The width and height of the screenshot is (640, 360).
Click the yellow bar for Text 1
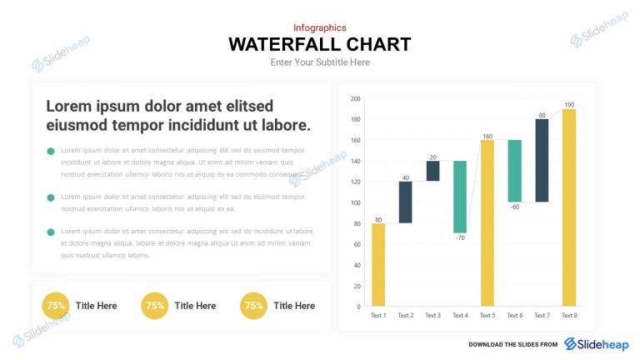pos(378,264)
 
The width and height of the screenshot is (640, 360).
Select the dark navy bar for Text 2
pos(405,202)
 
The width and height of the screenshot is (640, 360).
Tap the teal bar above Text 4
pos(459,197)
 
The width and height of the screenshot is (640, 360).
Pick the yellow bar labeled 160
pos(487,222)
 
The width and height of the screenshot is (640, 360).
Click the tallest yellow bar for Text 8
pos(568,207)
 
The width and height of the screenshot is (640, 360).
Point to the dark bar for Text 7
pos(542,160)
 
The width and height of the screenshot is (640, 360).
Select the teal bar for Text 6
pos(514,171)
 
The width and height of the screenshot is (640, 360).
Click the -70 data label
pos(459,238)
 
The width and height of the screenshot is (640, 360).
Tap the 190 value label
pos(568,104)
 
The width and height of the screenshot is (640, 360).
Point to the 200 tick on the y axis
pos(355,99)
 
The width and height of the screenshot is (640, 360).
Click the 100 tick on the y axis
pos(355,202)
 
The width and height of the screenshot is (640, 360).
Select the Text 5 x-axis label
pos(487,316)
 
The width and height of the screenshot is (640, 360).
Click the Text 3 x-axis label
pos(432,316)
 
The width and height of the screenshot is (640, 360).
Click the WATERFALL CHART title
pos(320,44)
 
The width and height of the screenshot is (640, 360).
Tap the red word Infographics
pos(320,27)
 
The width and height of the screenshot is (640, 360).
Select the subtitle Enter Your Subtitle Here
pos(320,62)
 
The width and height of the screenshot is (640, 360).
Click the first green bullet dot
pos(51,151)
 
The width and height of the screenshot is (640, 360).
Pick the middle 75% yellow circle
pos(154,306)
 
